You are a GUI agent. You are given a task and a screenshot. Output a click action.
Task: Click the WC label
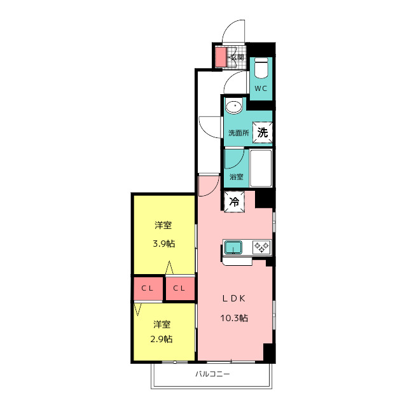tap(261, 88)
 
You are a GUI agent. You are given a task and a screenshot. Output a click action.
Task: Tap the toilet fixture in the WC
tap(261, 68)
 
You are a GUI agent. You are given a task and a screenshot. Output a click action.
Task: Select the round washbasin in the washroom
tap(233, 106)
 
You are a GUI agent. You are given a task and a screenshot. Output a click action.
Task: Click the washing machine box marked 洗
tap(263, 132)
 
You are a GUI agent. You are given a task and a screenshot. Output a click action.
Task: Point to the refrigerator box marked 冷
tap(235, 202)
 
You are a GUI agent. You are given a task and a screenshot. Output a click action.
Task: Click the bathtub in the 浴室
tap(261, 168)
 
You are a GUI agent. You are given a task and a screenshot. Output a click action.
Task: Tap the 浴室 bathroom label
tap(236, 177)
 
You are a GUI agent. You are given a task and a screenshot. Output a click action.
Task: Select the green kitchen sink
tap(233, 247)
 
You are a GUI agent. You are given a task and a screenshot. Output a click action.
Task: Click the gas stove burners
tap(261, 247)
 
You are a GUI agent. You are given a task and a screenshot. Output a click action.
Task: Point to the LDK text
tap(233, 298)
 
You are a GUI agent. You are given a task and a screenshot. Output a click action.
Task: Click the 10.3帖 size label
tap(234, 318)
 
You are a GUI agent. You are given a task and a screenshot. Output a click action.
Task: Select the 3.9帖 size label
tap(164, 244)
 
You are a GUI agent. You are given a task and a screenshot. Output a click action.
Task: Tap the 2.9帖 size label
tap(162, 339)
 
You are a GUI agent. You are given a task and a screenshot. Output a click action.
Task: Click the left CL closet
tap(148, 288)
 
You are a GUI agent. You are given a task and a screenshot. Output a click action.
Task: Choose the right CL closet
tap(180, 288)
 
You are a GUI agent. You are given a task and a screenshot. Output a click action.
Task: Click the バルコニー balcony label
tap(212, 374)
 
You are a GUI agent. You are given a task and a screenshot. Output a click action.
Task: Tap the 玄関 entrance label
tap(237, 57)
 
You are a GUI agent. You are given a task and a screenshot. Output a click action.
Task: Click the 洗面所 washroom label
tap(238, 133)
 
